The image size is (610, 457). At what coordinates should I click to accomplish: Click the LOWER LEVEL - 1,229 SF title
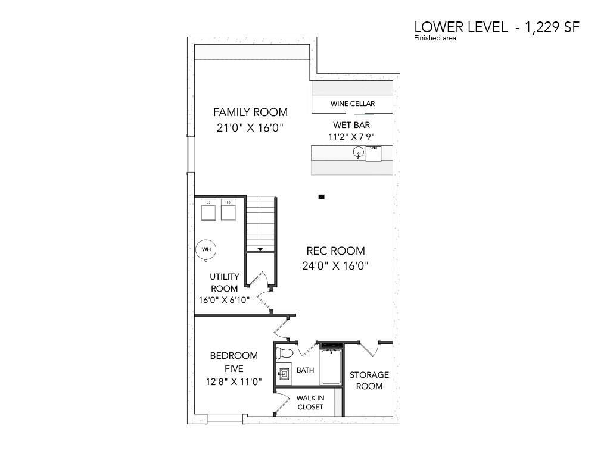[x=497, y=27]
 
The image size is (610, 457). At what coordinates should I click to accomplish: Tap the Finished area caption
[x=435, y=38]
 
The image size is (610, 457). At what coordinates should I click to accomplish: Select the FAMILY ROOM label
[x=251, y=112]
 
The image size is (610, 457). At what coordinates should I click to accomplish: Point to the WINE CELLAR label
[x=353, y=104]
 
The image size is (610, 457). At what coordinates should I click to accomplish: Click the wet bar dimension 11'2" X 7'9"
[x=351, y=137]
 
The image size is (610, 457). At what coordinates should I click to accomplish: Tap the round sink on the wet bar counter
[x=358, y=152]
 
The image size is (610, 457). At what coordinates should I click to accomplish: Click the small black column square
[x=321, y=197]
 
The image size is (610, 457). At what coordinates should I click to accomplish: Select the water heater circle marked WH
[x=206, y=249]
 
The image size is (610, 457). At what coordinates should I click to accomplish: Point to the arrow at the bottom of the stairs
[x=260, y=249]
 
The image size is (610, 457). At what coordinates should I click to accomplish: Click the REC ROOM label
[x=336, y=251]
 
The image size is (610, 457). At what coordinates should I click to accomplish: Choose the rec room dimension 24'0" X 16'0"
[x=335, y=266]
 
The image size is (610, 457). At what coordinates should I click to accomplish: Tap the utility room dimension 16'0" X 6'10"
[x=224, y=300]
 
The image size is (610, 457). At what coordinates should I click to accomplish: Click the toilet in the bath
[x=284, y=353]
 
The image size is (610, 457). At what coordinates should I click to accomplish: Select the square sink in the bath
[x=284, y=374]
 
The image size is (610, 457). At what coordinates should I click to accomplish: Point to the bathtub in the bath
[x=331, y=367]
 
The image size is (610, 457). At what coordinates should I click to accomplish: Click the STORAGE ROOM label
[x=369, y=380]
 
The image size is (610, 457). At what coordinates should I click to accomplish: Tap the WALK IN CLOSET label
[x=310, y=403]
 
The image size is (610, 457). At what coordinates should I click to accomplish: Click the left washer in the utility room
[x=208, y=210]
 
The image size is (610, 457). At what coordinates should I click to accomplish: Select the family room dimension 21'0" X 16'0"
[x=250, y=127]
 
